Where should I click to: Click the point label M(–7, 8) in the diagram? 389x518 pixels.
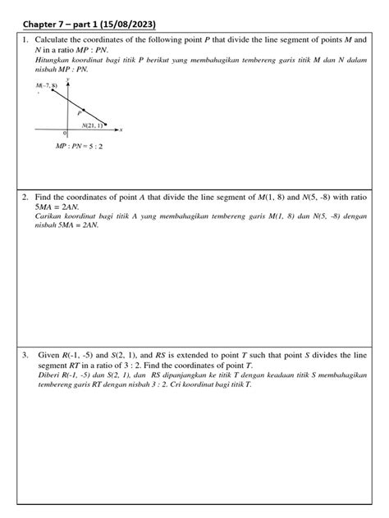[x=47, y=85]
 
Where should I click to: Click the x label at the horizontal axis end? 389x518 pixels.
[x=121, y=129]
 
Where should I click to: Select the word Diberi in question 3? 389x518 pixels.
[x=48, y=376]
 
